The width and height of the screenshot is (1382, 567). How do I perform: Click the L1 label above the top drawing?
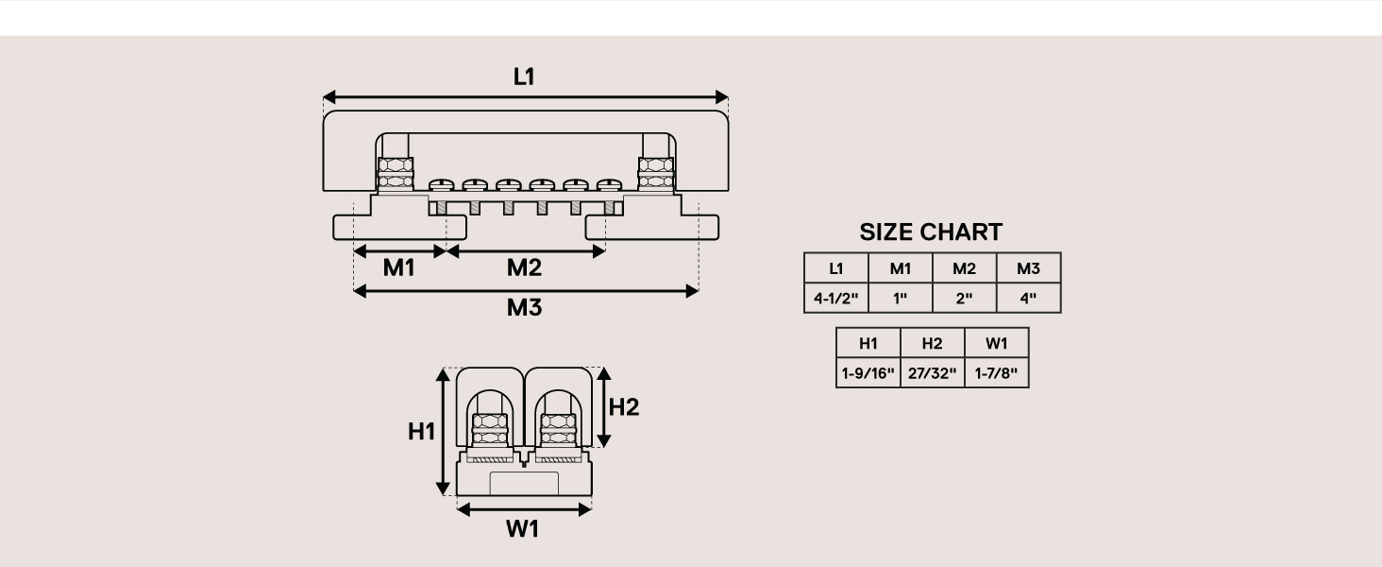[x=524, y=77]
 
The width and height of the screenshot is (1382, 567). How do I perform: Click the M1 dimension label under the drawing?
[x=398, y=267]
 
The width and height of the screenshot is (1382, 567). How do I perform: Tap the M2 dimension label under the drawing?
[x=524, y=267]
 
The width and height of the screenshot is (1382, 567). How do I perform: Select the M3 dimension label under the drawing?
[x=524, y=307]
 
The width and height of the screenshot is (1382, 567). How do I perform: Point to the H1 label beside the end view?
[x=421, y=432]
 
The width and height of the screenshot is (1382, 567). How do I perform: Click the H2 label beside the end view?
[x=624, y=407]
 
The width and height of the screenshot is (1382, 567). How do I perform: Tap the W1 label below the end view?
[x=522, y=529]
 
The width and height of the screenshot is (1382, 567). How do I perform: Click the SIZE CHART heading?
[x=931, y=232]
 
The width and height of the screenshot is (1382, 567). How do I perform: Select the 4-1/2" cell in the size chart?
[x=835, y=299]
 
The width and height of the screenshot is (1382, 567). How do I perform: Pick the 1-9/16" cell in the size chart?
[x=868, y=373]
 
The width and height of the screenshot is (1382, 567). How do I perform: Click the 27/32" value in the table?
[x=932, y=373]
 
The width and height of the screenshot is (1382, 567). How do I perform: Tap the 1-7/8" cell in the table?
[x=996, y=373]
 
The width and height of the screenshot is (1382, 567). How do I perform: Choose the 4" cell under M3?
[x=1028, y=299]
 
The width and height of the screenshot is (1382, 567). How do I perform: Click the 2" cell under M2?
[x=964, y=299]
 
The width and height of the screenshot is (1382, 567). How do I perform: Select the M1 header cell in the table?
[x=900, y=268]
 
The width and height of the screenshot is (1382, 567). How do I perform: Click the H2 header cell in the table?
[x=932, y=343]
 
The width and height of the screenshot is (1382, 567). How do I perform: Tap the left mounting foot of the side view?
[x=398, y=227]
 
